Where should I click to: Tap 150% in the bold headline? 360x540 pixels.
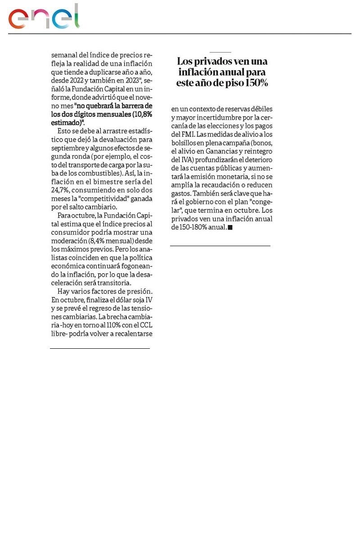pyautogui.click(x=256, y=83)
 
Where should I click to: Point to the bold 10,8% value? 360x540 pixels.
pyautogui.click(x=142, y=114)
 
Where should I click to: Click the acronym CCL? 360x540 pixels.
pyautogui.click(x=144, y=325)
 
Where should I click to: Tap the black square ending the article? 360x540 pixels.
pyautogui.click(x=230, y=228)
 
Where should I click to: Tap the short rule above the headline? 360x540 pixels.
pyautogui.click(x=220, y=53)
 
